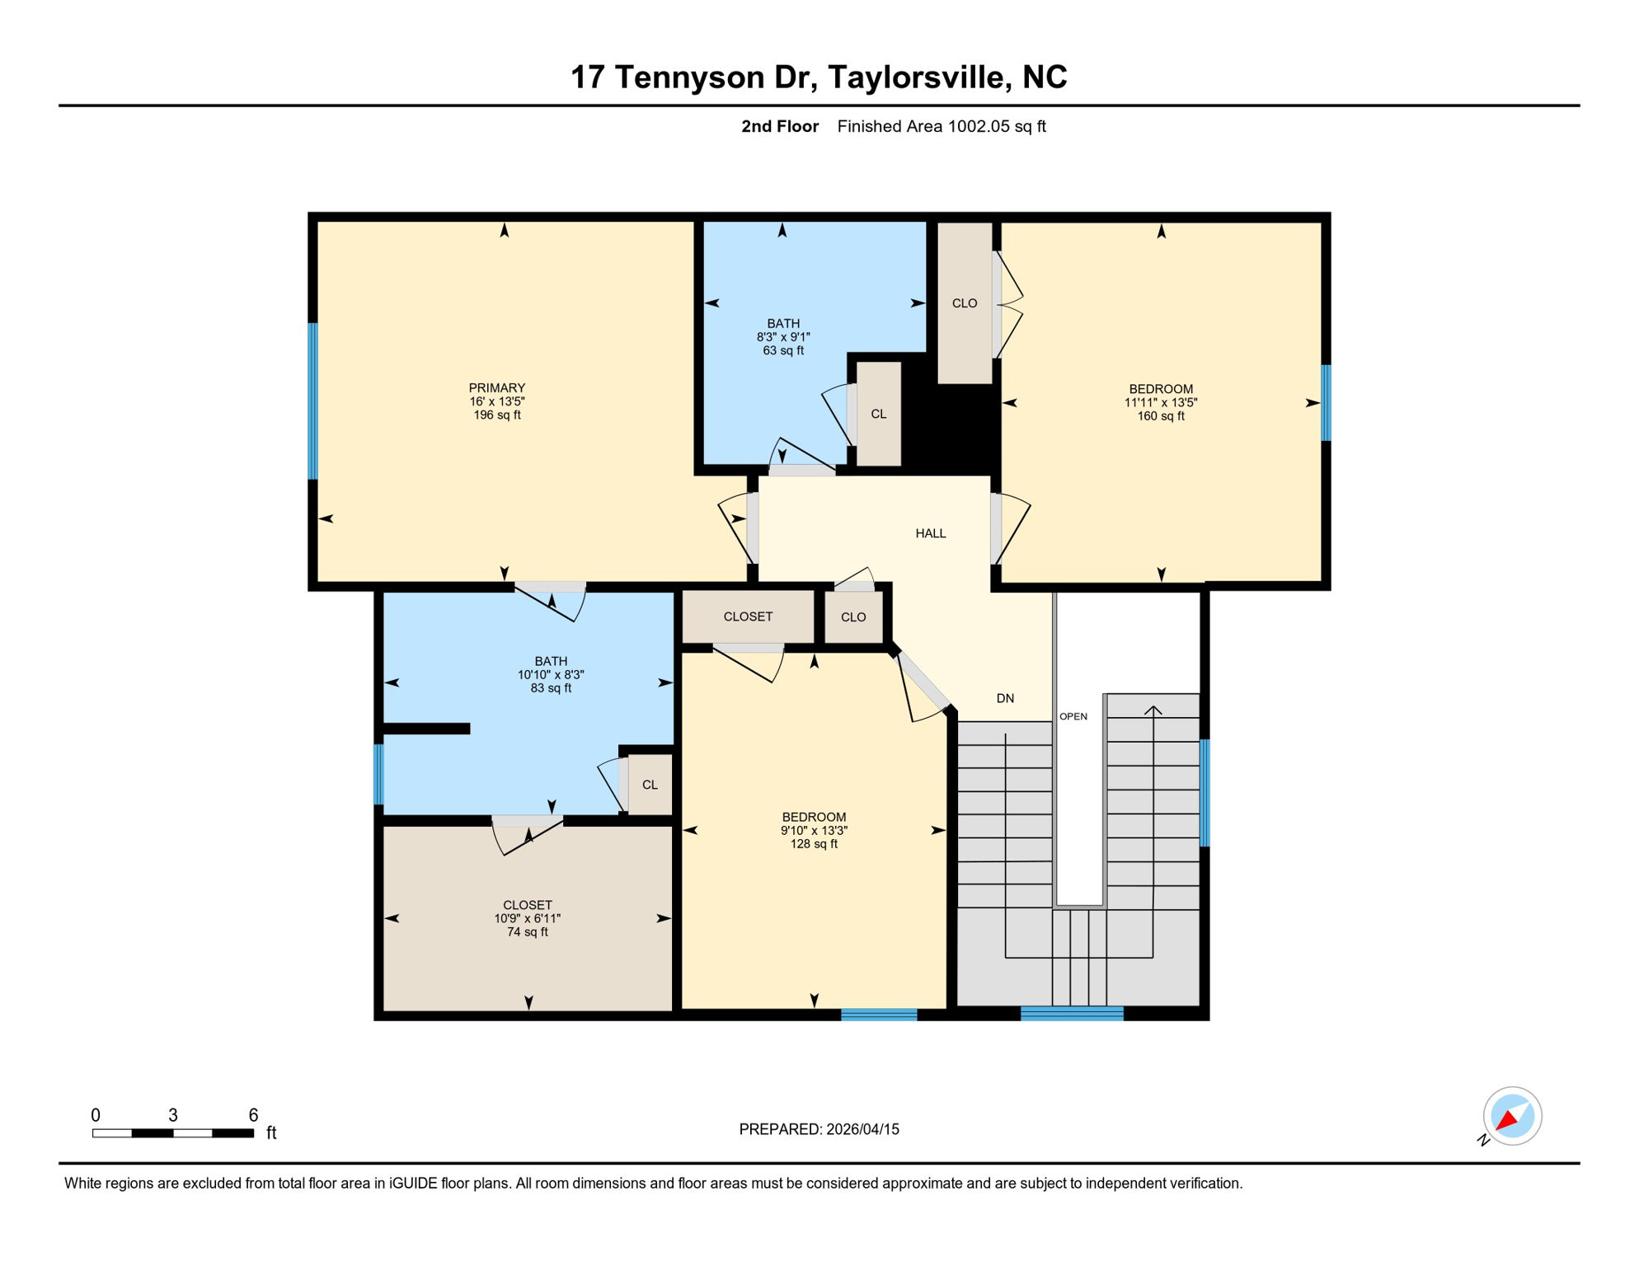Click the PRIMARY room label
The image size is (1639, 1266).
click(x=496, y=387)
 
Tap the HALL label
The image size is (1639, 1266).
click(x=930, y=533)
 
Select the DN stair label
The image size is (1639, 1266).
click(x=1005, y=698)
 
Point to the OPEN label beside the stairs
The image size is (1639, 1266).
click(x=1073, y=716)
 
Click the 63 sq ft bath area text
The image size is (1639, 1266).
click(x=782, y=350)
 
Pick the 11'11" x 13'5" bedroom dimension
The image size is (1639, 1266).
click(x=1160, y=402)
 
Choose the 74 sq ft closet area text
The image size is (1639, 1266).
click(x=527, y=932)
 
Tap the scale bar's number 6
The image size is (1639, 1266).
click(x=253, y=1115)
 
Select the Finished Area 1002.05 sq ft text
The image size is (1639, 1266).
click(x=941, y=126)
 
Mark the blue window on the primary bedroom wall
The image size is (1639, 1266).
click(x=313, y=401)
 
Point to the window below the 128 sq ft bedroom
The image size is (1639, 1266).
click(x=878, y=1015)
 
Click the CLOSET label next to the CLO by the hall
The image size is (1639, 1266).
click(x=748, y=617)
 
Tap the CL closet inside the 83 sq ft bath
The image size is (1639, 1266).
click(x=650, y=785)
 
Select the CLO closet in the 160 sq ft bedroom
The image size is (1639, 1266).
click(x=964, y=303)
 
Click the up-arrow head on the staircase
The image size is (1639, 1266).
click(x=1153, y=709)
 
